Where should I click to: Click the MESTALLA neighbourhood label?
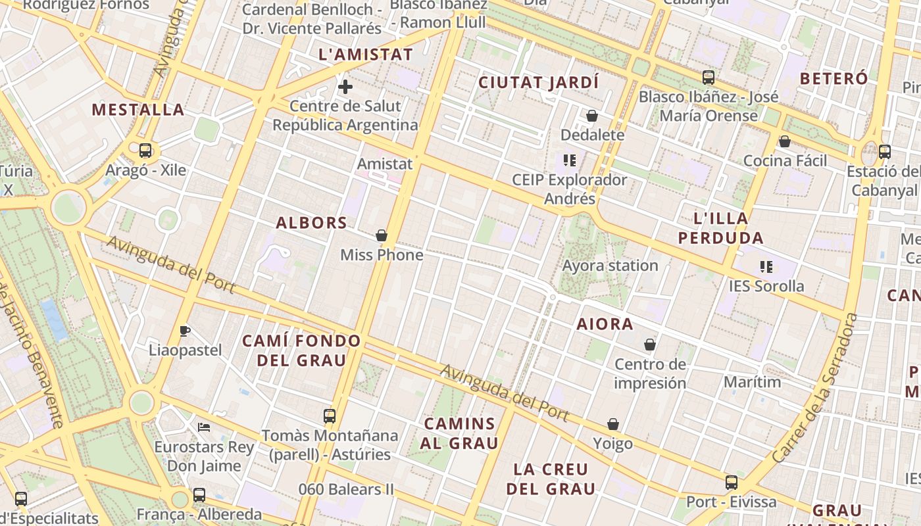(x=137, y=109)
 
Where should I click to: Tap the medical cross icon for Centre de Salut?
(x=345, y=87)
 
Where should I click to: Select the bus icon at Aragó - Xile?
(x=145, y=151)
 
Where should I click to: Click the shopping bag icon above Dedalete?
(x=592, y=116)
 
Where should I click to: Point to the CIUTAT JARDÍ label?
(x=538, y=82)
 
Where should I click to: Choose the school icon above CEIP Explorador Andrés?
(x=570, y=160)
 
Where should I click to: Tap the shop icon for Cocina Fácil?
(x=784, y=141)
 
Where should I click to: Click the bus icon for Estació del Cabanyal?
(x=885, y=152)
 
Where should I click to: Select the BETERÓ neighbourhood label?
(x=834, y=78)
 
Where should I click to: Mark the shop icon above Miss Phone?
(x=382, y=235)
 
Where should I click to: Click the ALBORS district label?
(x=311, y=223)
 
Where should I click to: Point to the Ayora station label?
(x=610, y=266)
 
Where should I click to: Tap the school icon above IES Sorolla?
(x=766, y=266)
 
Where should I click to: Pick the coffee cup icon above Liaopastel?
(x=185, y=331)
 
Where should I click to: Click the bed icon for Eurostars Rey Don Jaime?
(x=204, y=427)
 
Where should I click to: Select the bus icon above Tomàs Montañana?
(x=330, y=416)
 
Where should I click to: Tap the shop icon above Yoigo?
(x=613, y=425)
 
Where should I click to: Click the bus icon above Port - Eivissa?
(x=732, y=483)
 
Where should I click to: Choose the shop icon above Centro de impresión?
(x=650, y=345)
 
